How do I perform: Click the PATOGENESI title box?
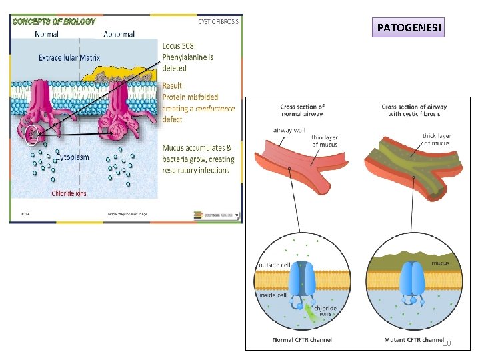coord(408,28)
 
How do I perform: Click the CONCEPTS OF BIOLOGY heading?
coord(53,21)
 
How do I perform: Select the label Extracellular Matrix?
coord(69,58)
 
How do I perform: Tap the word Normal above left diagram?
coord(46,33)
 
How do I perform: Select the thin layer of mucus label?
coord(325,141)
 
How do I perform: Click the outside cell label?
coord(273,264)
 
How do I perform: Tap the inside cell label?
coord(273,295)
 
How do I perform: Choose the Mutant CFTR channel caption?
coord(413,339)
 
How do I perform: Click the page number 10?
coord(447,343)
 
